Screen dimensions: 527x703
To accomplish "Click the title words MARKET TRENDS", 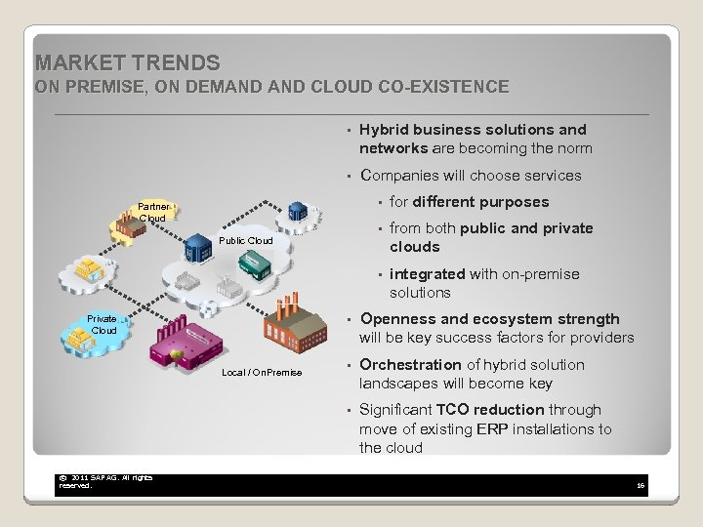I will tap(127, 63).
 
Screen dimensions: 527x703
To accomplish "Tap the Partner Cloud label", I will tap(153, 213).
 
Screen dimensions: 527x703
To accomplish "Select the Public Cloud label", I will tap(245, 240).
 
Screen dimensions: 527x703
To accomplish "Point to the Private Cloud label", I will tap(103, 324).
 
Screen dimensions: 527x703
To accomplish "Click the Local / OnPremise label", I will tap(262, 372).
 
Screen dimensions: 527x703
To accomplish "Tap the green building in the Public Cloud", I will tap(256, 263).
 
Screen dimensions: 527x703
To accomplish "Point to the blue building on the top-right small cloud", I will tap(297, 212).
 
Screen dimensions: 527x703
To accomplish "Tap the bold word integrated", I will tap(427, 274).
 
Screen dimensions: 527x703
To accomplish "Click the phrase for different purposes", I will tap(469, 202).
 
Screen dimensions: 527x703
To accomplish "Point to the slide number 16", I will tap(640, 484).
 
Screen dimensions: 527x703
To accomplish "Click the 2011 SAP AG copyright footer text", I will tap(105, 481).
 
